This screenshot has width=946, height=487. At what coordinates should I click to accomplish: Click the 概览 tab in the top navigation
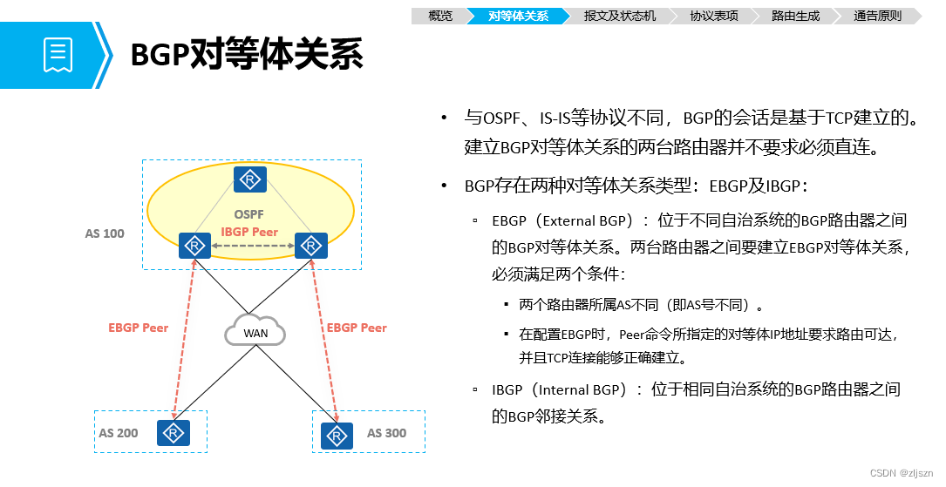(x=441, y=16)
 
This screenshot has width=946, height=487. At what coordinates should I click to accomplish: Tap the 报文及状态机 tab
(x=619, y=16)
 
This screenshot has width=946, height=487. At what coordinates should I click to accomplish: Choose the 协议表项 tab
(x=713, y=16)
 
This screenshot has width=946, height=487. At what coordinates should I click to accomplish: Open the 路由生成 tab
(x=795, y=16)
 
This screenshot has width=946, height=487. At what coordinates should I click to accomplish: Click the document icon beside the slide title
(x=57, y=54)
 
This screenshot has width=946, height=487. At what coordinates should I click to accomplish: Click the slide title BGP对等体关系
(x=246, y=55)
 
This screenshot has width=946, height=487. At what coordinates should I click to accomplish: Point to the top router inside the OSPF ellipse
(x=250, y=179)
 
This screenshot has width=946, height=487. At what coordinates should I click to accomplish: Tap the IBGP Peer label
(x=250, y=232)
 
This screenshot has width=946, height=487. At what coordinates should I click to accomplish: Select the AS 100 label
(x=105, y=233)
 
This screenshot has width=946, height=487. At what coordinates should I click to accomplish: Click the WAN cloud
(x=255, y=332)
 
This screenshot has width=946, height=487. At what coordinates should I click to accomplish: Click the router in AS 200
(x=174, y=433)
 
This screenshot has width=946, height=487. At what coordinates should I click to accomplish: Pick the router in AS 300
(x=337, y=435)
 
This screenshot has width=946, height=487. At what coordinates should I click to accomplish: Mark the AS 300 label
(x=386, y=433)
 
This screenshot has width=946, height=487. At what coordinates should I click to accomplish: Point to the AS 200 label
(x=119, y=433)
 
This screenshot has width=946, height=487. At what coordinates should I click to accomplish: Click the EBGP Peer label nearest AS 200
(x=138, y=328)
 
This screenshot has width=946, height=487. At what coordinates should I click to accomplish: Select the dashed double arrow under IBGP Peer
(x=251, y=247)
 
